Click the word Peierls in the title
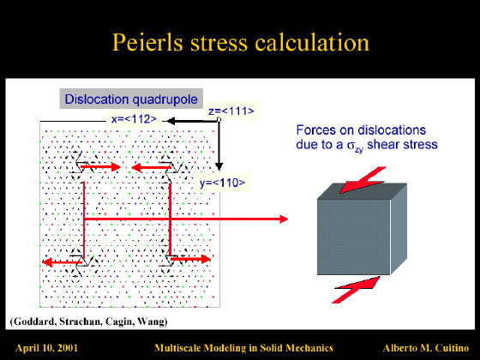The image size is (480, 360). [147, 42]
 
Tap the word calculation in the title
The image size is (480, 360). [312, 42]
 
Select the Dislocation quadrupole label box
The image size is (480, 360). [131, 99]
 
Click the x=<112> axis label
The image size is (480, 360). [134, 119]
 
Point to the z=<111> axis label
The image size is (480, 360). [231, 111]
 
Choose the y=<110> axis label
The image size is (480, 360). [223, 183]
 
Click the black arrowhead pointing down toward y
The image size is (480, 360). [219, 166]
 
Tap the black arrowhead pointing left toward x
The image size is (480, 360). [171, 121]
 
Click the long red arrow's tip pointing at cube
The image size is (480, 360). [288, 219]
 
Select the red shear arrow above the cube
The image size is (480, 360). [363, 181]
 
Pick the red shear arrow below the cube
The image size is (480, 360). [357, 290]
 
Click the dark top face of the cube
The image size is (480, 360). [362, 191]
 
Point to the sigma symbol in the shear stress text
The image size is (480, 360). [351, 145]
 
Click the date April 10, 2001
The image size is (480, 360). [46, 348]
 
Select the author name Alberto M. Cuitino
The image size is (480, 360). [426, 348]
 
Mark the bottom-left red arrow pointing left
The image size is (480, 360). [62, 262]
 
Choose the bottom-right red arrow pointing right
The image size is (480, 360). [190, 259]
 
